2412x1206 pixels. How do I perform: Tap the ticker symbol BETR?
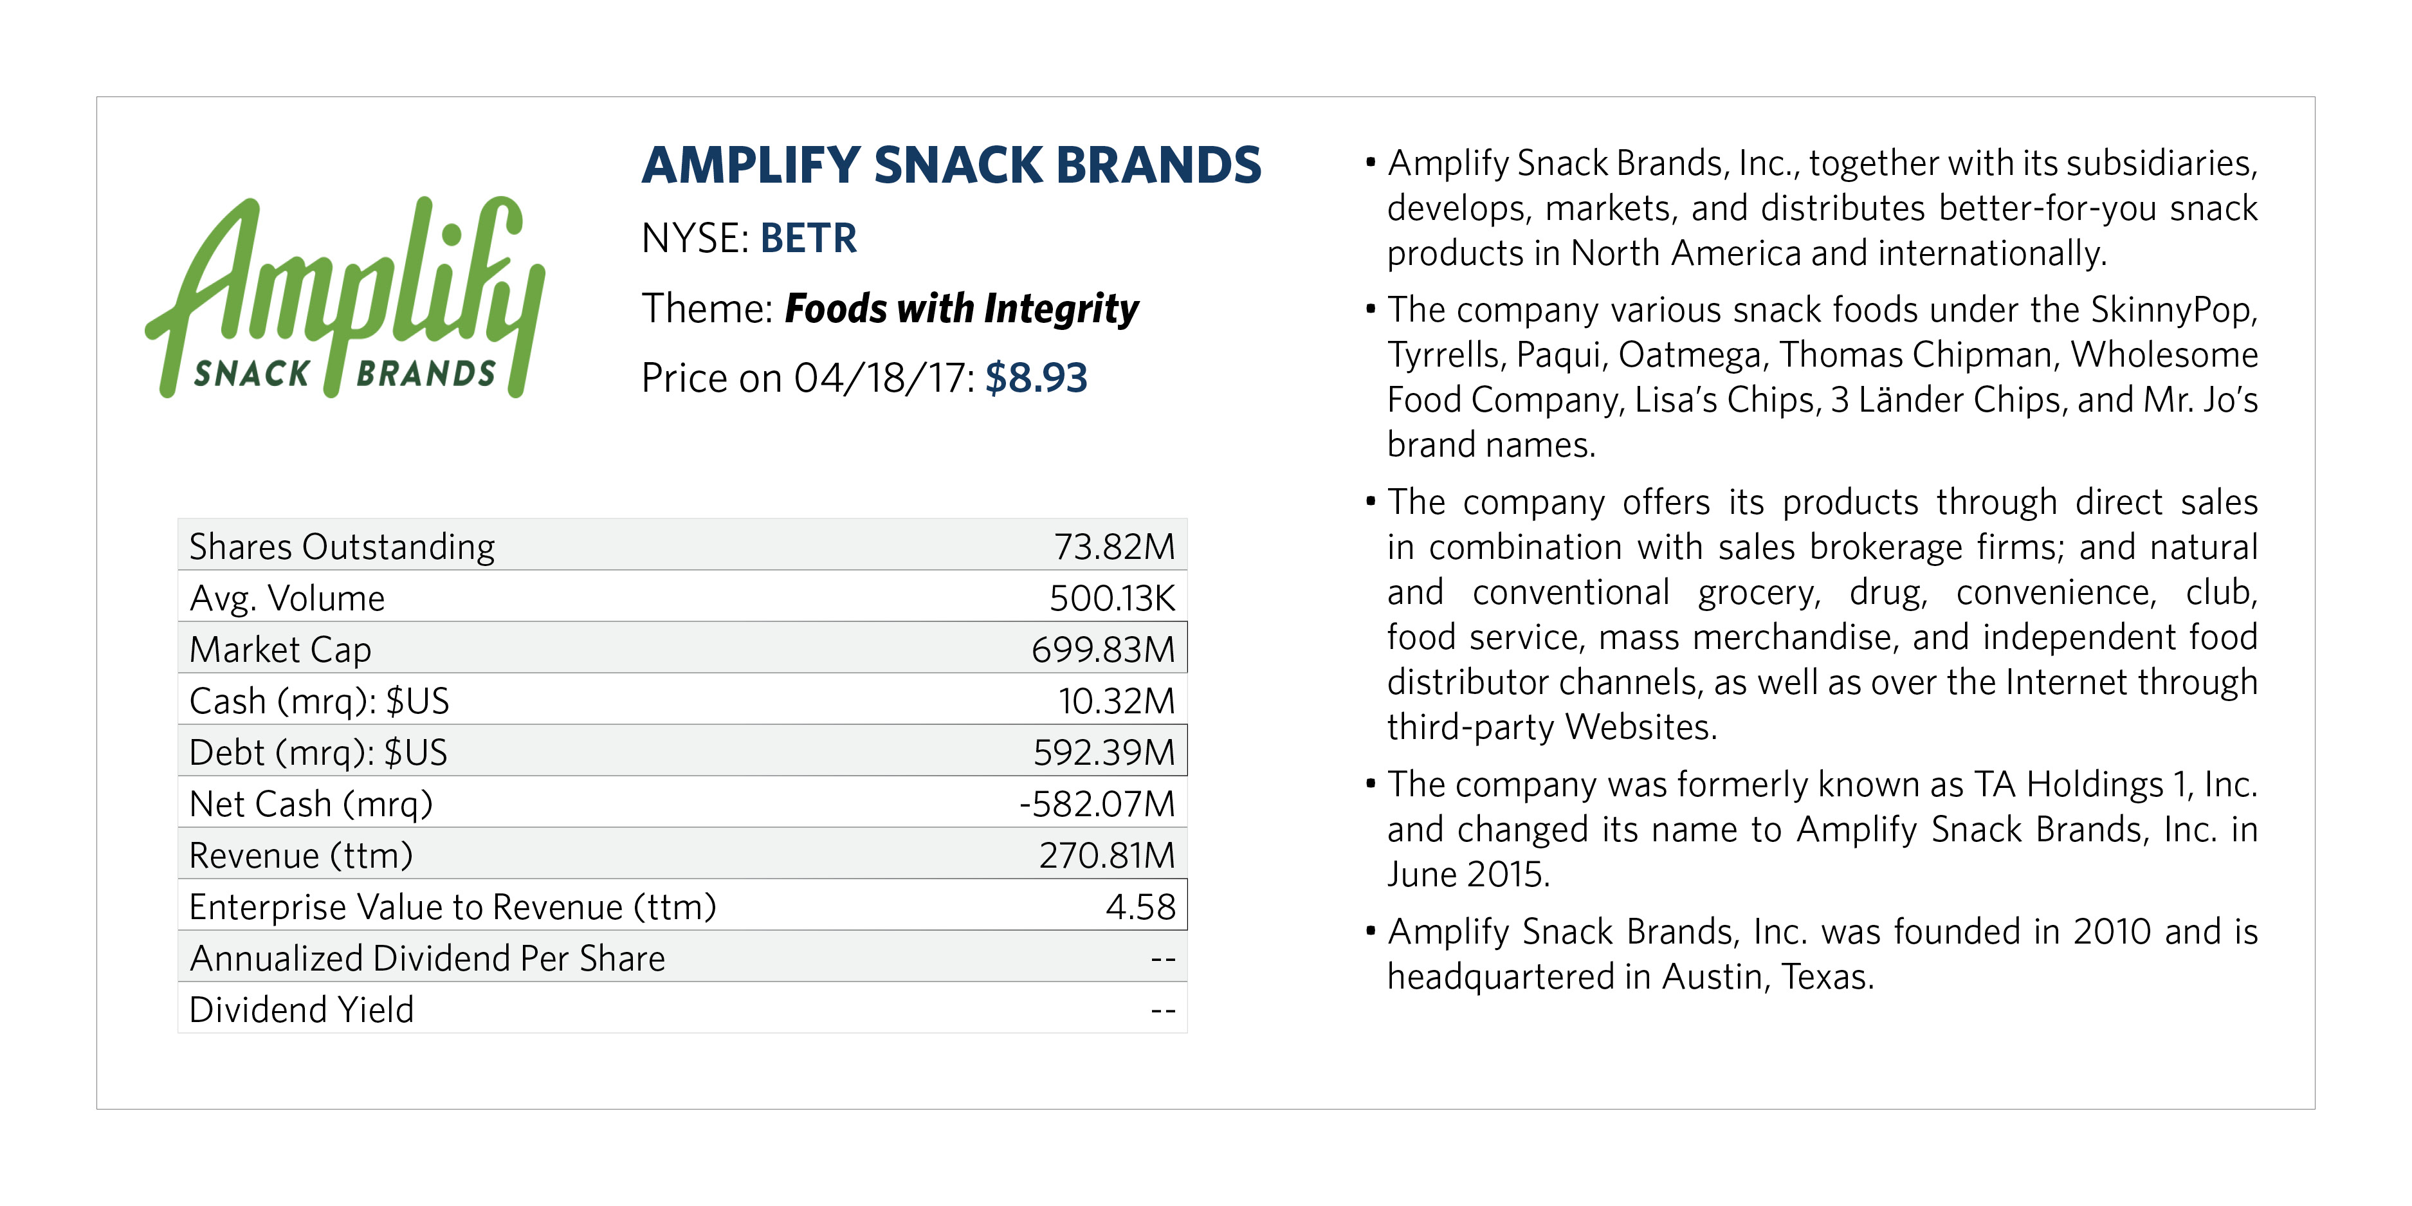click(x=808, y=239)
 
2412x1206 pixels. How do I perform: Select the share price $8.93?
click(x=1036, y=378)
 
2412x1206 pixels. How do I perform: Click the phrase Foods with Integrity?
click(x=962, y=309)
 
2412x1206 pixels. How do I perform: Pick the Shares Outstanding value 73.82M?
click(x=1113, y=547)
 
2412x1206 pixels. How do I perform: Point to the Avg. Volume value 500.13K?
click(x=1111, y=598)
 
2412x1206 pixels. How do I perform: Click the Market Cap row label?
click(x=280, y=650)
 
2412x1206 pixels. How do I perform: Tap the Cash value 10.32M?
click(x=1116, y=701)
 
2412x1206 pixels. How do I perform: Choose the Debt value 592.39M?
click(x=1103, y=753)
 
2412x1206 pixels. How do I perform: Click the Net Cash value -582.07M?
click(x=1097, y=804)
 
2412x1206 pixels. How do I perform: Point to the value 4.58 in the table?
click(x=1140, y=908)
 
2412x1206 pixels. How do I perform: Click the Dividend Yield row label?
click(x=302, y=1010)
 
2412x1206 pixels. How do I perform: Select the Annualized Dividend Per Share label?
click(x=427, y=959)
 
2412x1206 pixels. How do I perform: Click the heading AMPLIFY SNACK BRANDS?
click(x=951, y=166)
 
